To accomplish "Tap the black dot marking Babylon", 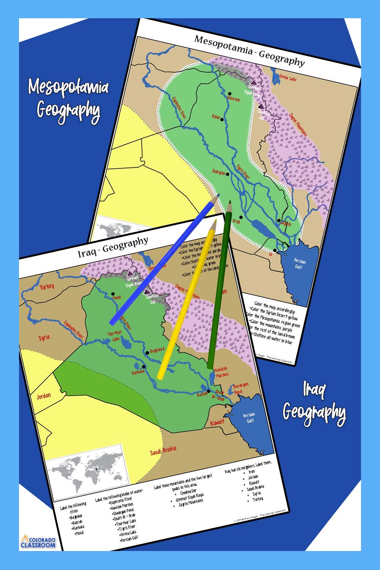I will (228, 174).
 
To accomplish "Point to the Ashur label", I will (216, 117).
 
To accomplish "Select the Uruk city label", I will (236, 221).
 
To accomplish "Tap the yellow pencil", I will (186, 300).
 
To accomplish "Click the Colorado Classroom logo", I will (38, 542).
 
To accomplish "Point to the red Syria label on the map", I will (44, 337).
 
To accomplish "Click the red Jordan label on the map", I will (43, 396).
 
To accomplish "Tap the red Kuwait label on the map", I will (217, 422).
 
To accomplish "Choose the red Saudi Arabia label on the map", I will (163, 451).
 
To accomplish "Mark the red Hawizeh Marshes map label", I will (222, 372).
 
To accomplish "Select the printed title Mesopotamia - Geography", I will (249, 50).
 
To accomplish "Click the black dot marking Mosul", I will (113, 293).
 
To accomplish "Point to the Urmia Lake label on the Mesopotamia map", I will (288, 78).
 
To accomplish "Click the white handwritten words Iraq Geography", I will (314, 405).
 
